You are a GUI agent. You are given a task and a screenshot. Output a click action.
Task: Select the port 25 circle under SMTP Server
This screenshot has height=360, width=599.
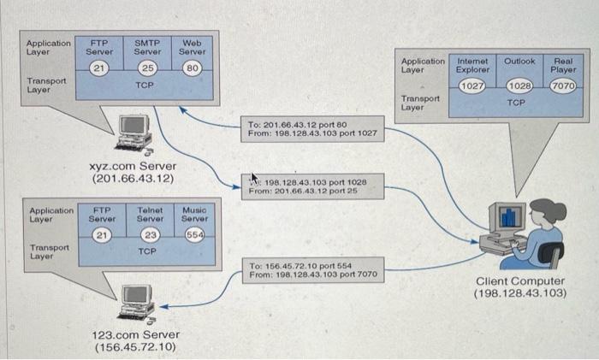click(x=147, y=68)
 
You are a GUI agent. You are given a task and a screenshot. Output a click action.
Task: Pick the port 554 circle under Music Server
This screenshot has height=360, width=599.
click(x=194, y=236)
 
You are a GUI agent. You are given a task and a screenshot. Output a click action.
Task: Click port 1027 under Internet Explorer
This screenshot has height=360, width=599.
click(x=472, y=86)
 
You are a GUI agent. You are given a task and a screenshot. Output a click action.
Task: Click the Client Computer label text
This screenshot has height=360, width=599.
click(x=519, y=280)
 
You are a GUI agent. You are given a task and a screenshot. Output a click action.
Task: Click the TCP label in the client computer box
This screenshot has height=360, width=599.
click(x=516, y=102)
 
